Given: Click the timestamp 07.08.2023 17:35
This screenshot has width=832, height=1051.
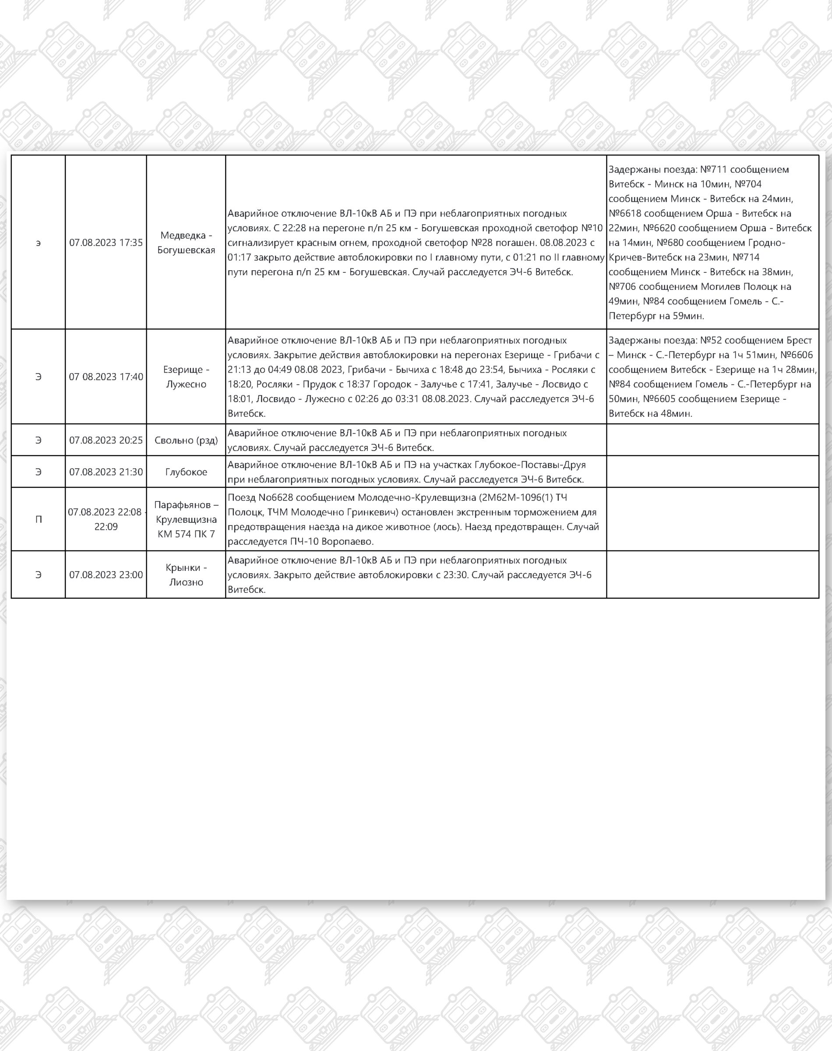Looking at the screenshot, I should coord(106,243).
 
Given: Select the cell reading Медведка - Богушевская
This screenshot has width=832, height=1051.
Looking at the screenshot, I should coord(186,243).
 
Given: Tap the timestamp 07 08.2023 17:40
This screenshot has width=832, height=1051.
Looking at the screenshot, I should coord(106,377).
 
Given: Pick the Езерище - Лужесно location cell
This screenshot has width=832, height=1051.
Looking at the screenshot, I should coord(186,377).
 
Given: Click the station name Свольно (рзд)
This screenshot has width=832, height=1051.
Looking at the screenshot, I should coord(186,440).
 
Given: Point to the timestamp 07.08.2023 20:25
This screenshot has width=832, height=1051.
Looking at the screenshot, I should coord(106,440).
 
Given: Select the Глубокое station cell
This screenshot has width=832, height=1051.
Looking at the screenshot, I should coord(186,472).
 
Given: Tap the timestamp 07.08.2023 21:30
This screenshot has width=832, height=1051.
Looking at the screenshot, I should coord(106,472).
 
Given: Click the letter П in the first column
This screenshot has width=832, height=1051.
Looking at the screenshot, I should coord(39,520).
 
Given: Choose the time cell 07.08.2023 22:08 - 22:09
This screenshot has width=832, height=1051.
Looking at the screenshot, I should coord(106,519).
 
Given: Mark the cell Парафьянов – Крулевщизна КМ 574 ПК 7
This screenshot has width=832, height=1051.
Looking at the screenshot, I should coord(186,519).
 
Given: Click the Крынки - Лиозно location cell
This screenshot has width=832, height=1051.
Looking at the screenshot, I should coord(186,575).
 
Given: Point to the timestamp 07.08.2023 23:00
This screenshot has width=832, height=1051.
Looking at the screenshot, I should coord(106,575).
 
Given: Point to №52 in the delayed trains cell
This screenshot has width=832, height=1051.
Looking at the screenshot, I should coord(711,340).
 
